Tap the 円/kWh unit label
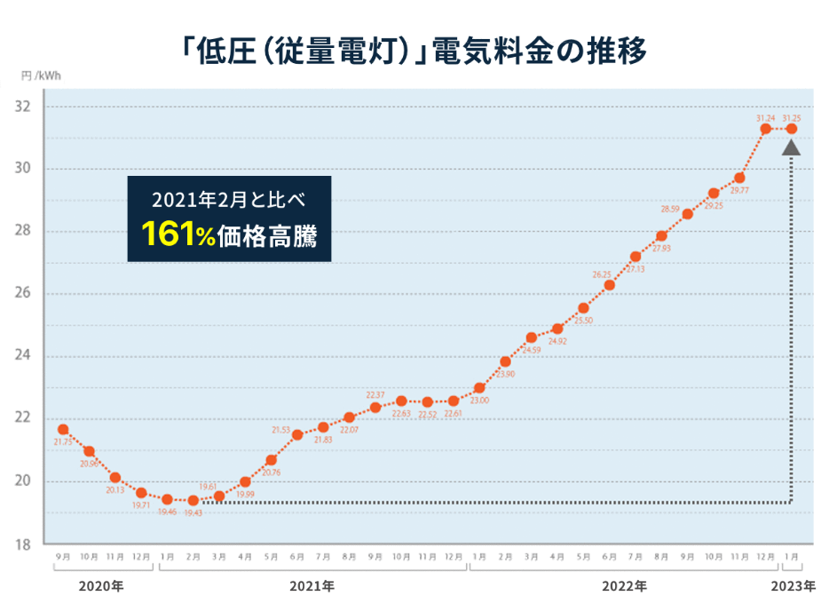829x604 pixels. (43, 77)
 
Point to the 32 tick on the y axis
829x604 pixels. (24, 107)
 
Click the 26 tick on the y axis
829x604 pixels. (24, 294)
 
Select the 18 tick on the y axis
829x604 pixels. (24, 544)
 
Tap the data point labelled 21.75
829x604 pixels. (63, 430)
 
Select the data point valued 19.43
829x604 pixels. (193, 500)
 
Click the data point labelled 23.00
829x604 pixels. (479, 388)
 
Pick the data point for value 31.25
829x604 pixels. (792, 129)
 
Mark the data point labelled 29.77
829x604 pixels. (739, 178)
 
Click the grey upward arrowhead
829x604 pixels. (792, 147)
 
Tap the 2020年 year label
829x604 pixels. (100, 586)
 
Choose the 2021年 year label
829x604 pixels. (312, 586)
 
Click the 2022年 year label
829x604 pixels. (625, 586)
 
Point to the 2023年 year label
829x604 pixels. (793, 586)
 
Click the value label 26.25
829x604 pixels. (603, 274)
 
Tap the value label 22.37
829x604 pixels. (375, 394)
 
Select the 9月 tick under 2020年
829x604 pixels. (62, 557)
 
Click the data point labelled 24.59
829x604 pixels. (532, 338)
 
